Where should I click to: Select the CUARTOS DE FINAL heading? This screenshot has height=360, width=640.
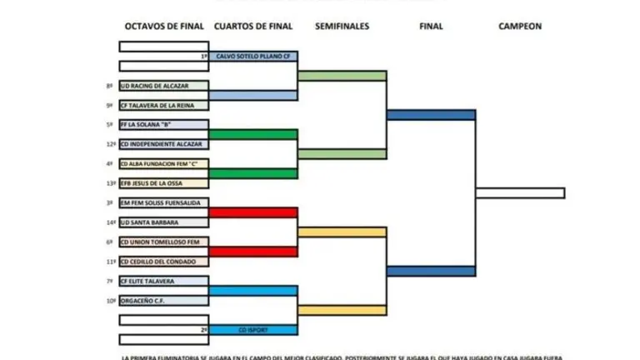coord(253,27)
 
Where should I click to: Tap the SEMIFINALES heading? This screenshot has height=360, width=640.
coord(342,27)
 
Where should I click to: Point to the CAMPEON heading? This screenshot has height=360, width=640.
coord(520,27)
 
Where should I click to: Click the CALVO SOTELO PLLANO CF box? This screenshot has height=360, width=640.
coord(253,57)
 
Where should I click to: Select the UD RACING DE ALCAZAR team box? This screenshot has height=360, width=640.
coord(163,86)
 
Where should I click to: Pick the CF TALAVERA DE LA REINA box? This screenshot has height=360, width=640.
coord(163,105)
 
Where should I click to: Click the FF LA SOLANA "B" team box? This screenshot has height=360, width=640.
coord(163,124)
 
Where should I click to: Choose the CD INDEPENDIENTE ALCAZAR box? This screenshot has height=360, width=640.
coord(163,144)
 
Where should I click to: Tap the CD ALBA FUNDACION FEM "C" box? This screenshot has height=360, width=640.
coord(163,163)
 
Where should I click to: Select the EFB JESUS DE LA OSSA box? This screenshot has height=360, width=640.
coord(163,183)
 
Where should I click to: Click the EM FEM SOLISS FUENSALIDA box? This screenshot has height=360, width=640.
coord(163,202)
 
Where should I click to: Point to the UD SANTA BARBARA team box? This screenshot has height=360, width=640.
coord(163,222)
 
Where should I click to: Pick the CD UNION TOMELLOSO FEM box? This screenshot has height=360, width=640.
coord(163,242)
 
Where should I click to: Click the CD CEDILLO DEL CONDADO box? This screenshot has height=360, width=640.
coord(163,262)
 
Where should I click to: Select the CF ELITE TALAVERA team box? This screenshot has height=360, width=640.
coord(163,281)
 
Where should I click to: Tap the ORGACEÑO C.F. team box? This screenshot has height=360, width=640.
coord(163,301)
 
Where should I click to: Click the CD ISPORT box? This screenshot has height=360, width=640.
coord(253,330)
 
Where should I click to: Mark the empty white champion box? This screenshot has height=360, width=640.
coord(520,193)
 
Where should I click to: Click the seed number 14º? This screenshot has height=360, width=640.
coord(110,222)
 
